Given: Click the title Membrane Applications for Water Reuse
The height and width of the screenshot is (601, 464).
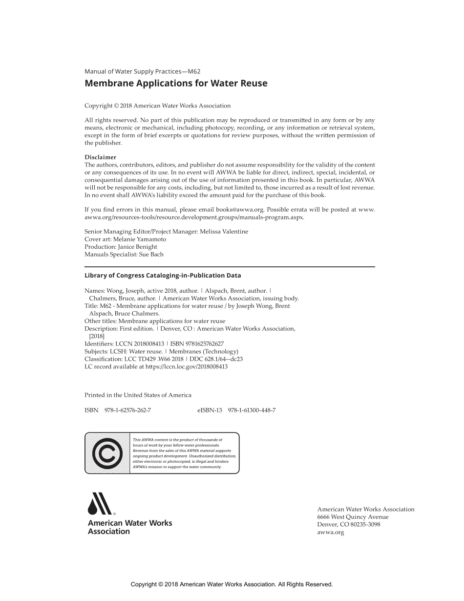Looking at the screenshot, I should tap(176, 84).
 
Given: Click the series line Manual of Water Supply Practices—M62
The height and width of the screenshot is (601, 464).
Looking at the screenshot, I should tap(143, 71).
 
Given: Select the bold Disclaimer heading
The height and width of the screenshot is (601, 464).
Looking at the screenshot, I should tap(101, 157).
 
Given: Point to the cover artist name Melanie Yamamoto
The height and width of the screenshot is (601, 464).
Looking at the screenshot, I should tap(147, 239).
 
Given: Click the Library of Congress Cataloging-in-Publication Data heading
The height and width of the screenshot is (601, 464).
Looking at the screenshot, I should tap(163, 276).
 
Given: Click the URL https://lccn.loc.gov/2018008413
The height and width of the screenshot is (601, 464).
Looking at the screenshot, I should tap(187, 366).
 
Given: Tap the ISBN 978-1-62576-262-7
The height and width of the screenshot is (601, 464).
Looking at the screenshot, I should tap(127, 410).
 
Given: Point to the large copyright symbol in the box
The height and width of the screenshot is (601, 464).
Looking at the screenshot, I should tap(107, 453).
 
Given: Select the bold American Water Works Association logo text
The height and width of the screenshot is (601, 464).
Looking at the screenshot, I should tap(130, 527).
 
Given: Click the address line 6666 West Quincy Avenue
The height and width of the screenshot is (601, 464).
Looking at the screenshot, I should tap(353, 517).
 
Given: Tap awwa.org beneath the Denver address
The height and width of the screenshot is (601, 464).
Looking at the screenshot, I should tap(331, 533).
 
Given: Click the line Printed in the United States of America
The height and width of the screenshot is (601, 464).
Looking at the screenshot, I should tap(138, 395).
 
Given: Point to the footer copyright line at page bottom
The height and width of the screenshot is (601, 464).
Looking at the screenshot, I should tap(232, 584).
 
